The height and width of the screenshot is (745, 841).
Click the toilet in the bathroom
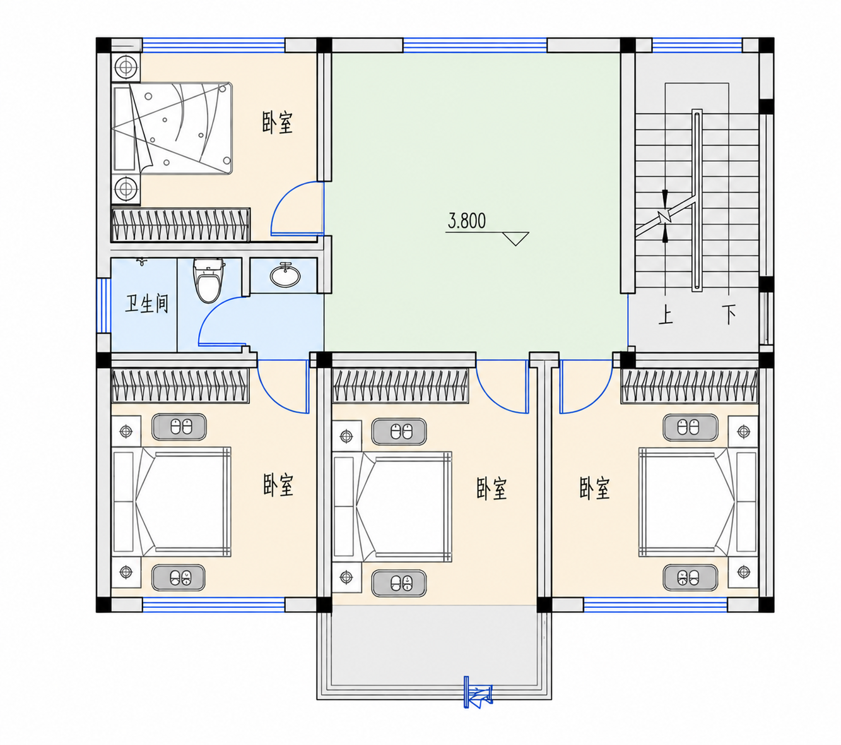coord(208,281)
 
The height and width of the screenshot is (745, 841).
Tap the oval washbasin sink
coord(285,275)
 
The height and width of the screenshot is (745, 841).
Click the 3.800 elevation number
coord(467,220)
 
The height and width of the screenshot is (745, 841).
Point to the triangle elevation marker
coord(515,239)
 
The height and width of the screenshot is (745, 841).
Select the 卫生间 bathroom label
coord(146,304)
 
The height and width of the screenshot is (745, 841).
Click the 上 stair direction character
coord(666,314)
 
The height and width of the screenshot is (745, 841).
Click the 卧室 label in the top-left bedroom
coord(278,122)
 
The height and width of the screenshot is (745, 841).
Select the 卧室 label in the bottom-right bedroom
coord(594,488)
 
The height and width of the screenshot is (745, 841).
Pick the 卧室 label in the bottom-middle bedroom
coord(491,488)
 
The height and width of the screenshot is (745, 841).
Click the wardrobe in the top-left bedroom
coord(180,225)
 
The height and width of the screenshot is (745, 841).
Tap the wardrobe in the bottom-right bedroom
coord(690,386)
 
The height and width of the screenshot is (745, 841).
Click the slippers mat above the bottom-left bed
coord(179,427)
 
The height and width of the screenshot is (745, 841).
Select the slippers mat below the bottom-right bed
coord(690,578)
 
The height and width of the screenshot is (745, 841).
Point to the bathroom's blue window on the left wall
coord(104,306)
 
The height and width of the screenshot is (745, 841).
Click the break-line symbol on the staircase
coord(666,216)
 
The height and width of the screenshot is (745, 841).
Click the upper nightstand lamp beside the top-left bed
coord(126,66)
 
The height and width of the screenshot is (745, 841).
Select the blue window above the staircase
coord(697,45)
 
